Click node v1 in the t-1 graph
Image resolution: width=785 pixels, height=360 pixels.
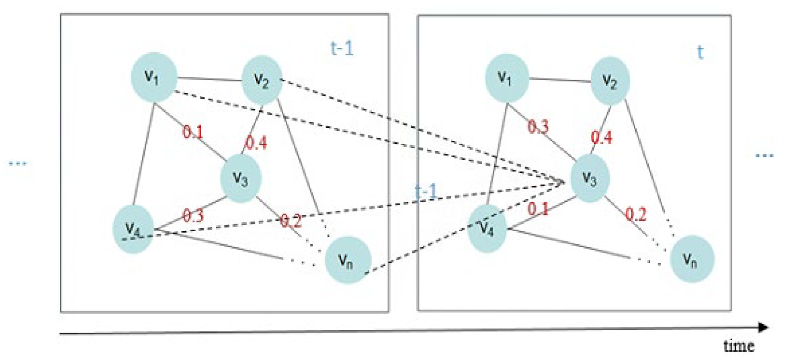coord(154,77)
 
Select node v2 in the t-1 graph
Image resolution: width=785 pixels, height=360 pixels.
coord(262,80)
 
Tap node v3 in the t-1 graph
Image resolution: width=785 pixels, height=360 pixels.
coord(241,178)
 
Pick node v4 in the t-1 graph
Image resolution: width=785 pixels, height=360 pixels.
coord(133,229)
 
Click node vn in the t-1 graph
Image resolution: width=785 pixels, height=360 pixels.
coord(347,260)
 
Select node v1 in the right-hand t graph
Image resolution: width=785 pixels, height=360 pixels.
coord(506,78)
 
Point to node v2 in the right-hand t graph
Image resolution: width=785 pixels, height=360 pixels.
coord(610,80)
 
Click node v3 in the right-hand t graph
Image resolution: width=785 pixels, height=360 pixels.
coord(590,178)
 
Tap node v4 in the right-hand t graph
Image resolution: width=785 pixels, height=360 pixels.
coord(487,228)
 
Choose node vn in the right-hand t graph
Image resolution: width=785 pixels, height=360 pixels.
coord(692,259)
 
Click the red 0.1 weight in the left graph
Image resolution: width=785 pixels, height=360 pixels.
coord(193,132)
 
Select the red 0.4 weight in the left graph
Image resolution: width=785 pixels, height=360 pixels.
coord(256,142)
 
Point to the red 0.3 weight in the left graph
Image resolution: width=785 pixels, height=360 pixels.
coord(193,215)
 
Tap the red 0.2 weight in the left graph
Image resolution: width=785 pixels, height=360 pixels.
coord(291,221)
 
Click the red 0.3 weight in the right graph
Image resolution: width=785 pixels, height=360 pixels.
coord(538,126)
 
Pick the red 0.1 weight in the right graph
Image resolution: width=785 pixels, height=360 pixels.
coord(538,209)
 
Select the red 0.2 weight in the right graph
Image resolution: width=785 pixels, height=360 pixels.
coord(636,214)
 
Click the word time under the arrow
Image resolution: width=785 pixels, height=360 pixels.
coord(739,345)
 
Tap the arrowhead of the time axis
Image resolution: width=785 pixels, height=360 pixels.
coord(763,327)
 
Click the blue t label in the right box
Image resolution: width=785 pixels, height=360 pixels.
coord(700,52)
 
